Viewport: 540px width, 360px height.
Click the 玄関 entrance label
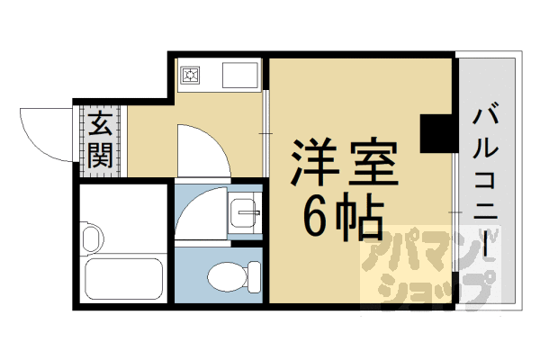(100, 140)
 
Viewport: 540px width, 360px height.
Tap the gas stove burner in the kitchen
(191, 76)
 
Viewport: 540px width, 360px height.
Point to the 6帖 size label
(343, 217)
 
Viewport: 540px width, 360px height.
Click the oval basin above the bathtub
(91, 240)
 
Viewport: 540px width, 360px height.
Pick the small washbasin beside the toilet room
(243, 214)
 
